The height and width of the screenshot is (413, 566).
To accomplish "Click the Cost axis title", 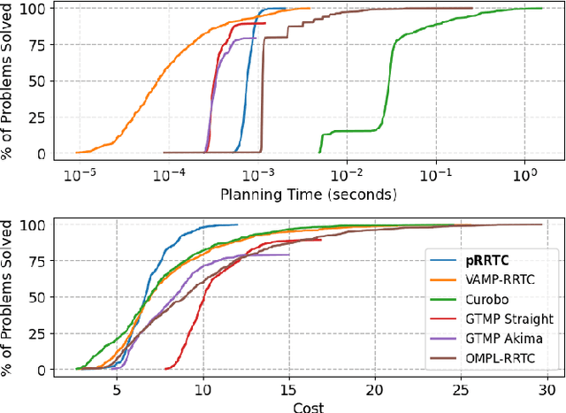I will point(307,407).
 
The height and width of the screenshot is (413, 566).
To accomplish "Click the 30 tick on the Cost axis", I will point(547,388).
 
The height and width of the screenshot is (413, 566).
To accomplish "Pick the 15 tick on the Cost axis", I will point(288,388).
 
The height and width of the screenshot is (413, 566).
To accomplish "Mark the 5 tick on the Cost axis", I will point(117,388).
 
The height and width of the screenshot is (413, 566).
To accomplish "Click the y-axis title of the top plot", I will point(10,81).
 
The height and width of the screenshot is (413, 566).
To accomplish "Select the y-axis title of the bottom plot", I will point(10,298).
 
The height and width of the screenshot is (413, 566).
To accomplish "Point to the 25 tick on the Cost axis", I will point(461,388).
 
